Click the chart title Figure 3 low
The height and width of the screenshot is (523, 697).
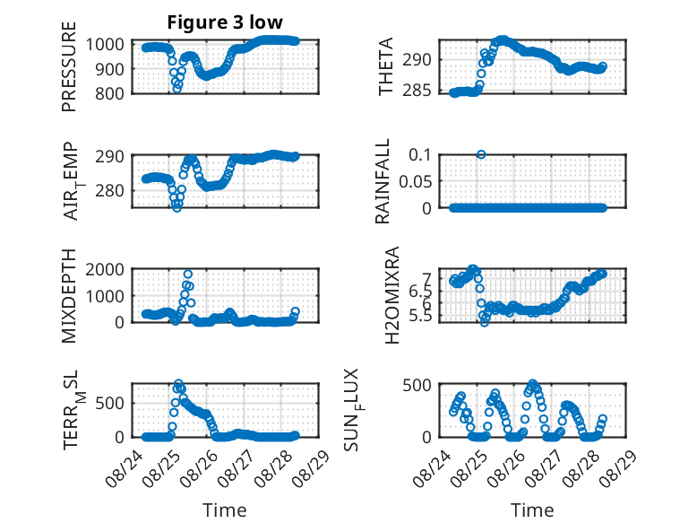click(x=225, y=22)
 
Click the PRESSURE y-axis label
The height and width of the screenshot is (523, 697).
click(x=69, y=66)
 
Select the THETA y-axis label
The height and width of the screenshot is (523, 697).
click(x=386, y=66)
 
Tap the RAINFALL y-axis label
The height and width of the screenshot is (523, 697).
click(x=383, y=181)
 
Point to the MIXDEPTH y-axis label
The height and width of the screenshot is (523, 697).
click(x=69, y=296)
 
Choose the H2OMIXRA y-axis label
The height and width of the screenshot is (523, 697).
click(x=392, y=295)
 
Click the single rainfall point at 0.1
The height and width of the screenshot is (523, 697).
click(x=481, y=154)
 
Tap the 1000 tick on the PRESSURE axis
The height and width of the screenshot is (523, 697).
click(x=105, y=44)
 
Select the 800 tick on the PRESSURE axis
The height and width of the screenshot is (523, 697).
click(x=109, y=93)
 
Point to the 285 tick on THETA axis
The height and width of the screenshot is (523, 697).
click(x=417, y=91)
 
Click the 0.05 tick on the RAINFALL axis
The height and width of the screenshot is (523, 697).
click(x=415, y=181)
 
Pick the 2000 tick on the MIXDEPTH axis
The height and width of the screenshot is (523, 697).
click(x=105, y=269)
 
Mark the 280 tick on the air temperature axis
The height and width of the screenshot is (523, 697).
click(x=109, y=190)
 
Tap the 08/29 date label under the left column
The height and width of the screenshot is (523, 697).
click(x=312, y=467)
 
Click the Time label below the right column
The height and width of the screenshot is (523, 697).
click(x=532, y=510)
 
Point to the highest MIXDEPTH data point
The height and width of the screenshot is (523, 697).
click(x=188, y=274)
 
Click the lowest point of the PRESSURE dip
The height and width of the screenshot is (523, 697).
click(x=176, y=89)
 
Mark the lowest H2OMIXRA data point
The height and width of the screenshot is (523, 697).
click(x=485, y=322)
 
